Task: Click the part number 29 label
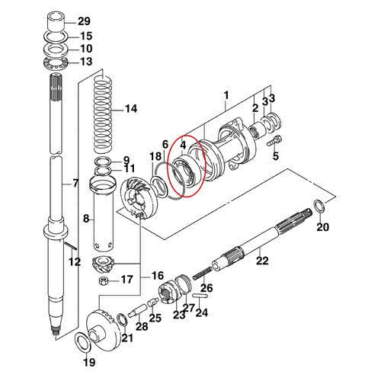click(x=84, y=21)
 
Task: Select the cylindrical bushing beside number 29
click(x=56, y=22)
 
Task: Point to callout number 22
click(x=262, y=261)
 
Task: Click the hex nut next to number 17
click(x=104, y=281)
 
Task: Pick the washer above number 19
click(x=82, y=342)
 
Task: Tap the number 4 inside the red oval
click(x=183, y=145)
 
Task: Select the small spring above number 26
click(x=202, y=273)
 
